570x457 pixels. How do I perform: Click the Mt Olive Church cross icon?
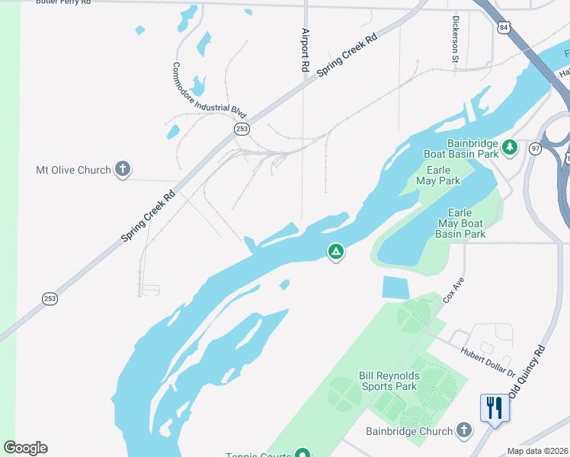click(x=123, y=170)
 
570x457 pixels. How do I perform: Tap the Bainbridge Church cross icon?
click(x=464, y=431)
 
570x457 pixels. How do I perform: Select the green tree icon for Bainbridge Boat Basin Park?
click(x=510, y=146)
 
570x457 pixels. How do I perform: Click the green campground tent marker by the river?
click(x=335, y=251)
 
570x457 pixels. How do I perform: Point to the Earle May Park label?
click(x=438, y=175)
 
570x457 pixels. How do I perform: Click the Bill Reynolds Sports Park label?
click(x=388, y=381)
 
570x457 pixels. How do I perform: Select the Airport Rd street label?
click(x=306, y=50)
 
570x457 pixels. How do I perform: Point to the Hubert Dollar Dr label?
click(x=488, y=361)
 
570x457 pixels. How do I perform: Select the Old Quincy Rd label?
click(x=529, y=371)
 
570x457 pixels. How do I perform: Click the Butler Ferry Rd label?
click(x=63, y=3)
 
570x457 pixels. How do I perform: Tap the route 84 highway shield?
click(x=503, y=27)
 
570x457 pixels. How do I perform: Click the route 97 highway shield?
click(x=535, y=149)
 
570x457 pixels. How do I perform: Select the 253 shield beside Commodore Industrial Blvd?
click(x=242, y=129)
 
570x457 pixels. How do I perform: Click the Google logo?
click(x=25, y=448)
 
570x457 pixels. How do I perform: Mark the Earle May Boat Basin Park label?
click(x=460, y=223)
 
